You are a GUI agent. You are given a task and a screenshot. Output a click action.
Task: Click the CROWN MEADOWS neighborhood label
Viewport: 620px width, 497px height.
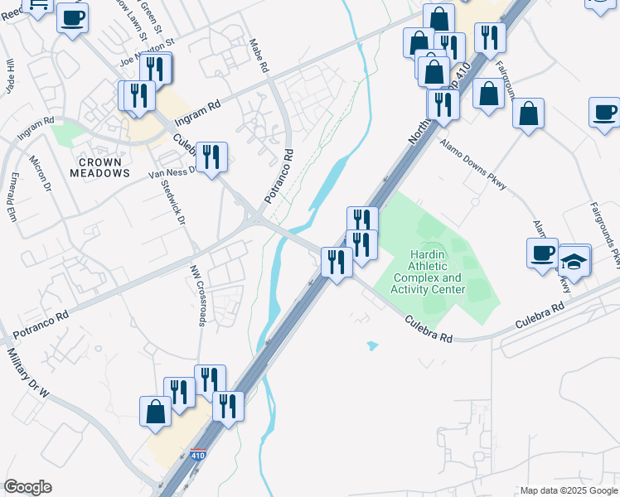[99, 167]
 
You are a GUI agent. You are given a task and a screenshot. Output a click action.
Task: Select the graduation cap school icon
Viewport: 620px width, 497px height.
[574, 262]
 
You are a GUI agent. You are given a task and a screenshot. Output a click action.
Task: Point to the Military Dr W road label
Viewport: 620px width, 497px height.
[27, 372]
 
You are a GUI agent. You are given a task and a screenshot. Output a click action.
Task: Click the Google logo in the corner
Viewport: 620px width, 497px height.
[27, 487]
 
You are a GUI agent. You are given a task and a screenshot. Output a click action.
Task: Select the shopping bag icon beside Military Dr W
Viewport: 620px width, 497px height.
[155, 411]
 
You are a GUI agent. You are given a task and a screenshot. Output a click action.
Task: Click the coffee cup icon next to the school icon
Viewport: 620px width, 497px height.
[542, 253]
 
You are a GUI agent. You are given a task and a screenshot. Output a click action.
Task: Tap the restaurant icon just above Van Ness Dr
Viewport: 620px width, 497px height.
[211, 157]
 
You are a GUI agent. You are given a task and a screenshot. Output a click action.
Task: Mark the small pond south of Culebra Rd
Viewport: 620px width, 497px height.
[371, 345]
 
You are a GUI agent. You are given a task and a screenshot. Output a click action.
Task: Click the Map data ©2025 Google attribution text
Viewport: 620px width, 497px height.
[567, 490]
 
